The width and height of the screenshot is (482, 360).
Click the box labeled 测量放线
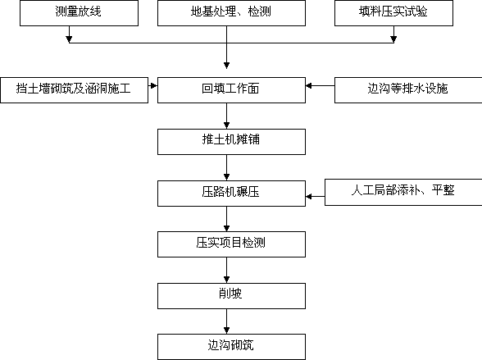tap(79, 13)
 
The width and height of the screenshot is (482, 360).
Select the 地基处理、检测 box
tap(231, 13)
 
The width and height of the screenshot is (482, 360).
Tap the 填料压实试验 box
tap(393, 13)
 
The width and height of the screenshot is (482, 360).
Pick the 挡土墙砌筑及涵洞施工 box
tap(74, 90)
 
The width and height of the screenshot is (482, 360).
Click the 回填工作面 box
tap(231, 90)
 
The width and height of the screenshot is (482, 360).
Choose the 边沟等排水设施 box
tap(408, 90)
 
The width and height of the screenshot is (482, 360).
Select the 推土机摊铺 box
tap(231, 142)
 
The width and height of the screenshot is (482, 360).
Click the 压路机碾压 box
tap(231, 194)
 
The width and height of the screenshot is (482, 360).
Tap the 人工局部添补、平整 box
tap(403, 192)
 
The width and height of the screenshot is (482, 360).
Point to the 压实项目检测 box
tap(231, 244)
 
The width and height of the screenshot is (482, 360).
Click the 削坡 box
tap(231, 296)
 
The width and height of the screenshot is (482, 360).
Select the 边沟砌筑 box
tap(231, 347)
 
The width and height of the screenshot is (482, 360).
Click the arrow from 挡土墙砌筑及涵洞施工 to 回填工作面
tap(152, 85)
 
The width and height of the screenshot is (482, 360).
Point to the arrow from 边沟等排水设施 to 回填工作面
tap(320, 85)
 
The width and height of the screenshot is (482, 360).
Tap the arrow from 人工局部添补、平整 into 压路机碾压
tap(315, 196)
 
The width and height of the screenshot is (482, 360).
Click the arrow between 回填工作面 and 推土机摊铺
tap(226, 116)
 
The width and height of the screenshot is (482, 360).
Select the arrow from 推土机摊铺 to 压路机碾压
tap(226, 167)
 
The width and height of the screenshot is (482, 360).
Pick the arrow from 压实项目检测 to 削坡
tap(226, 271)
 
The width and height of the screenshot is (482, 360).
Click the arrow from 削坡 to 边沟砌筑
tap(226, 321)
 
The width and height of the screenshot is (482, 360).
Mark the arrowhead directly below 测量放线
tap(69, 39)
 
